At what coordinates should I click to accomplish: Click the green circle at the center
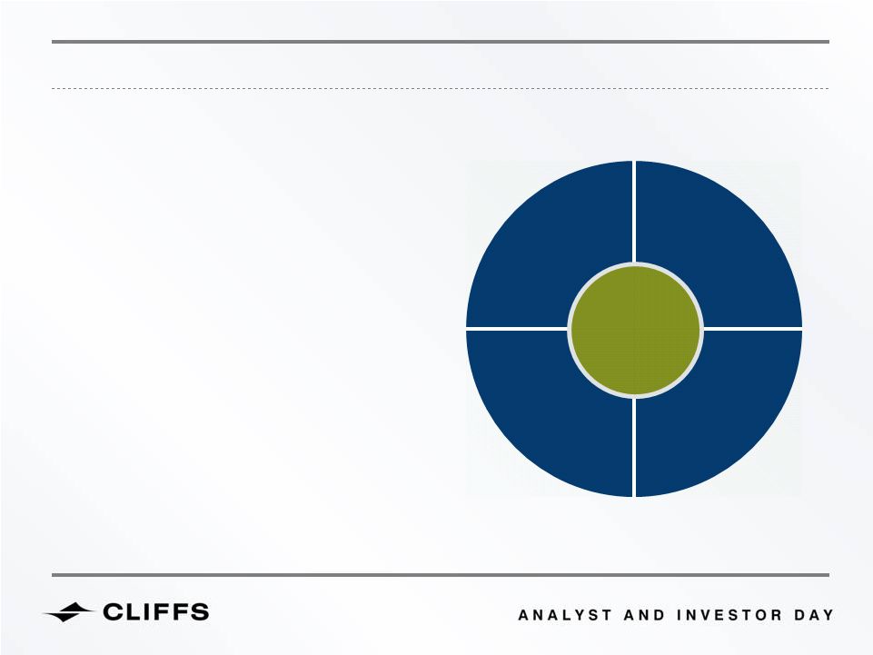[635, 331]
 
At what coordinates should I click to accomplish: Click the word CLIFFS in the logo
[156, 612]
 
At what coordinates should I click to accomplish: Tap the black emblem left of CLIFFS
[69, 612]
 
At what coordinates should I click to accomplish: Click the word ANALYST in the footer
[564, 615]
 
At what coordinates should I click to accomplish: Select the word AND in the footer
[644, 615]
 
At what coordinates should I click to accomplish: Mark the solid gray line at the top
[441, 42]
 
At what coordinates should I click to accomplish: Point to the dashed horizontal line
[441, 88]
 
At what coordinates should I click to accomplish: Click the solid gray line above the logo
[441, 575]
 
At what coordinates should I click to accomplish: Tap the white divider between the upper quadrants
[634, 212]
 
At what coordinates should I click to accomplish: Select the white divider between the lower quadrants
[634, 447]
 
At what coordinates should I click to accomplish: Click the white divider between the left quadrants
[517, 329]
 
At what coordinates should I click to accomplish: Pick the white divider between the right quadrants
[752, 329]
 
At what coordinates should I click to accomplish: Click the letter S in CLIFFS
[199, 612]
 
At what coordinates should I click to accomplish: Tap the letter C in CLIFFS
[114, 612]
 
